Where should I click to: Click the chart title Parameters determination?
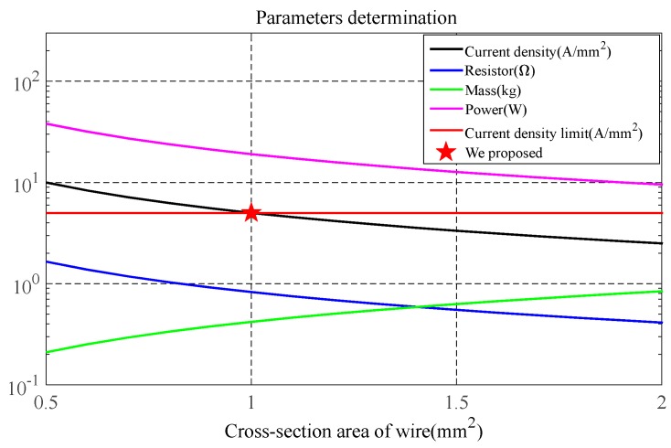click(x=353, y=16)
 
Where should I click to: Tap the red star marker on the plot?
click(x=250, y=213)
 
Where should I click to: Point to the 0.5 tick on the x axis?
click(x=46, y=402)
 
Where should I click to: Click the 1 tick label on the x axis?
click(x=250, y=402)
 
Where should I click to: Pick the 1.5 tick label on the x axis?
click(x=456, y=402)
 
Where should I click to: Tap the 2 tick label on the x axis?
click(x=661, y=402)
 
